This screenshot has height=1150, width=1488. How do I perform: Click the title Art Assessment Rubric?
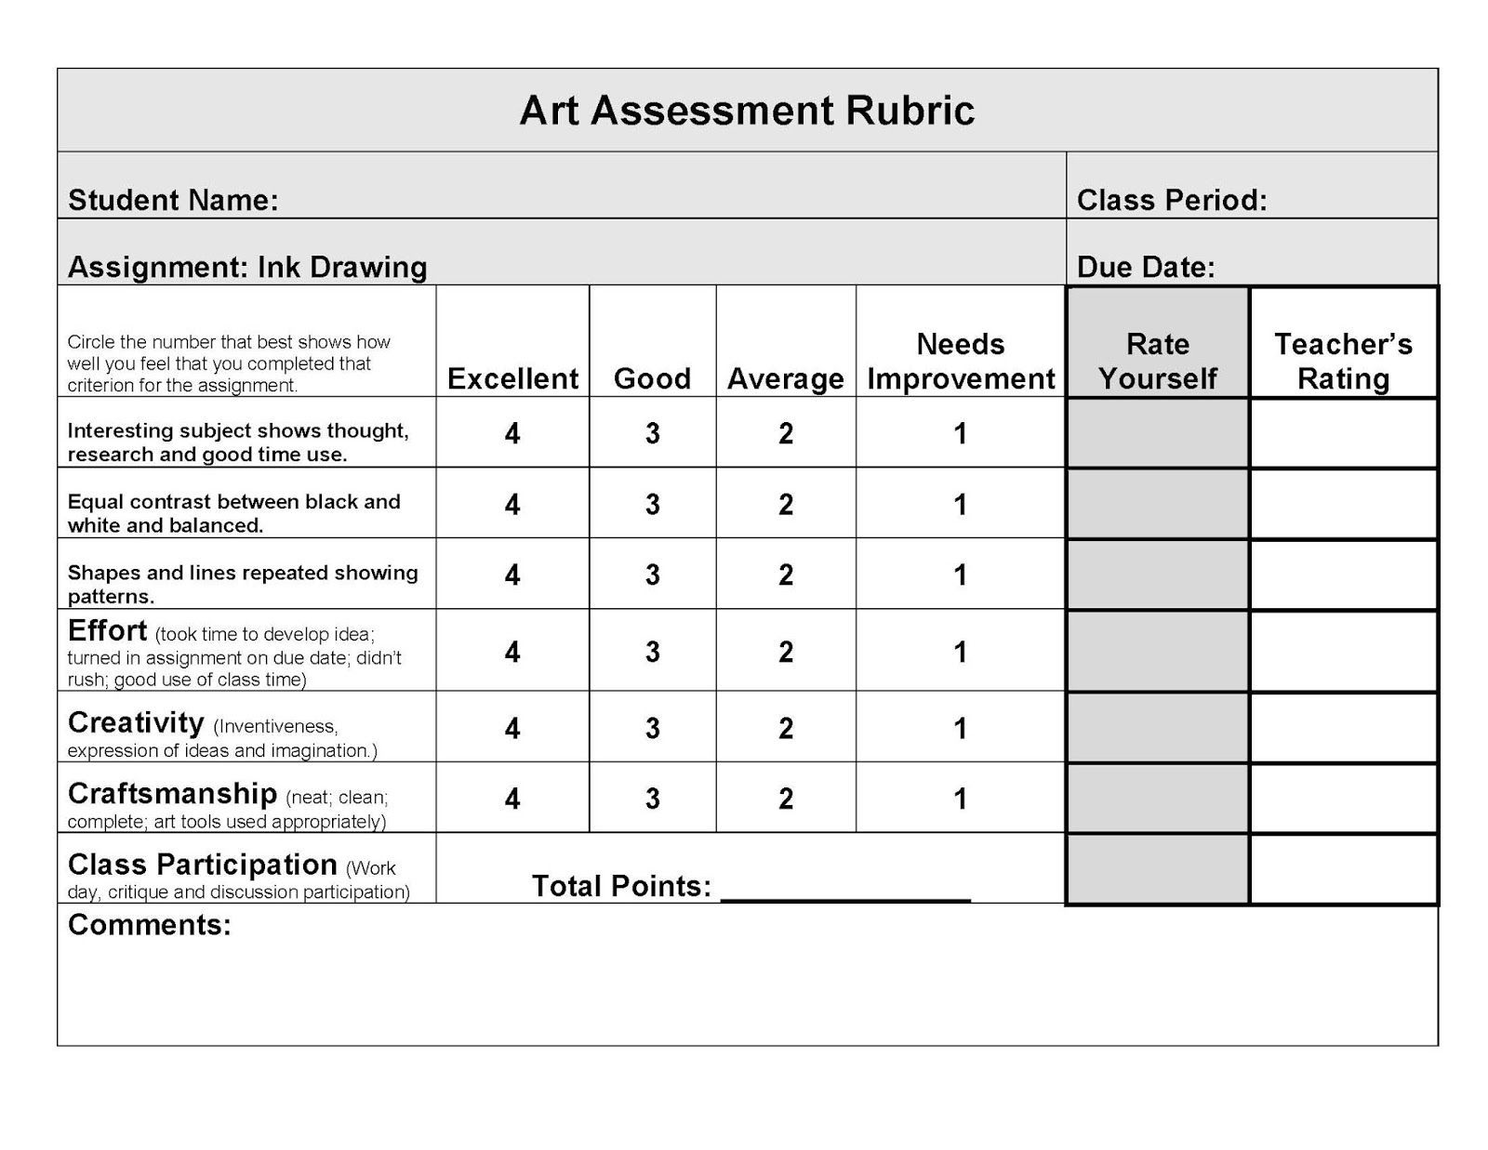tap(746, 111)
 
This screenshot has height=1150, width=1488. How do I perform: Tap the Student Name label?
tap(173, 200)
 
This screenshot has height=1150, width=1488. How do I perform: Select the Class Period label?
tap(1171, 200)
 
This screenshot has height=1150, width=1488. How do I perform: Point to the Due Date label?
tap(1145, 268)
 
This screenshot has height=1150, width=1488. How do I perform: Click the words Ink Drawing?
tap(341, 268)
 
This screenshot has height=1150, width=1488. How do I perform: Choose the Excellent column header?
tap(512, 378)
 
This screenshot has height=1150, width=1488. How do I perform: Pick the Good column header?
tap(652, 378)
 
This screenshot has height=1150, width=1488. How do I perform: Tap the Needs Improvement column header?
tap(960, 362)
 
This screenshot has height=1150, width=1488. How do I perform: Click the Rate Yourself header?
tap(1157, 362)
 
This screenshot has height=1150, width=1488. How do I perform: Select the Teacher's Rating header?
tap(1342, 362)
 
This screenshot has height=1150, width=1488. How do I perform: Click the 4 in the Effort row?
tap(511, 652)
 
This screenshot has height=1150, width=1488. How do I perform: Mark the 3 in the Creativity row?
tap(652, 728)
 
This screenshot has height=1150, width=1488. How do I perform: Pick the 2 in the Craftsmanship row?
tap(785, 799)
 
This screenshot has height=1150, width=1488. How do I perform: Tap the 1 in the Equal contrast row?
tap(960, 505)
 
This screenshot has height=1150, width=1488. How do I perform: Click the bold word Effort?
tap(107, 631)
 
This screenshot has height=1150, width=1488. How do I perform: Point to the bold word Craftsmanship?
tap(172, 794)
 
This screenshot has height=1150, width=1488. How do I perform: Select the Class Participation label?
tap(202, 865)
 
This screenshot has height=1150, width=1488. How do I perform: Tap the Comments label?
tap(149, 925)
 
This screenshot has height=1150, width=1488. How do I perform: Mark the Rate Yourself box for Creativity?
tap(1157, 728)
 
